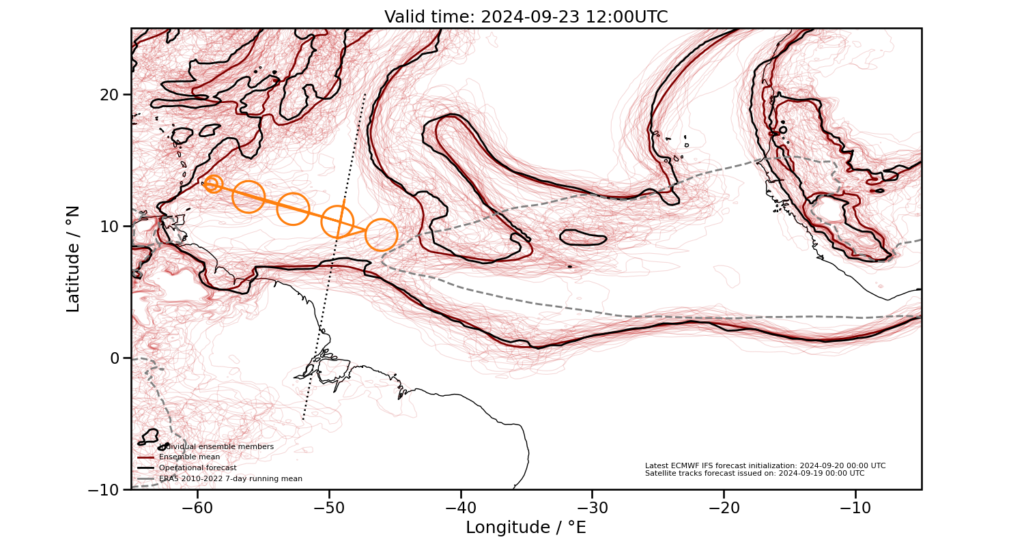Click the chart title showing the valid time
pyautogui.click(x=526, y=17)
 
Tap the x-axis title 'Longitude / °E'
pyautogui.click(x=526, y=528)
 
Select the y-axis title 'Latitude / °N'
pyautogui.click(x=73, y=259)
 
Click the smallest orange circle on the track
pyautogui.click(x=213, y=184)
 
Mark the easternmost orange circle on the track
pyautogui.click(x=381, y=235)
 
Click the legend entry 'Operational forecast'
pyautogui.click(x=197, y=468)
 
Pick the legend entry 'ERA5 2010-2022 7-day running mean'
pyautogui.click(x=230, y=479)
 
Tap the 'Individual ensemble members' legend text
pyautogui.click(x=216, y=447)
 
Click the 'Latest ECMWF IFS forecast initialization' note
pyautogui.click(x=765, y=465)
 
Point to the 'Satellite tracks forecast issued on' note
pyautogui.click(x=754, y=473)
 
